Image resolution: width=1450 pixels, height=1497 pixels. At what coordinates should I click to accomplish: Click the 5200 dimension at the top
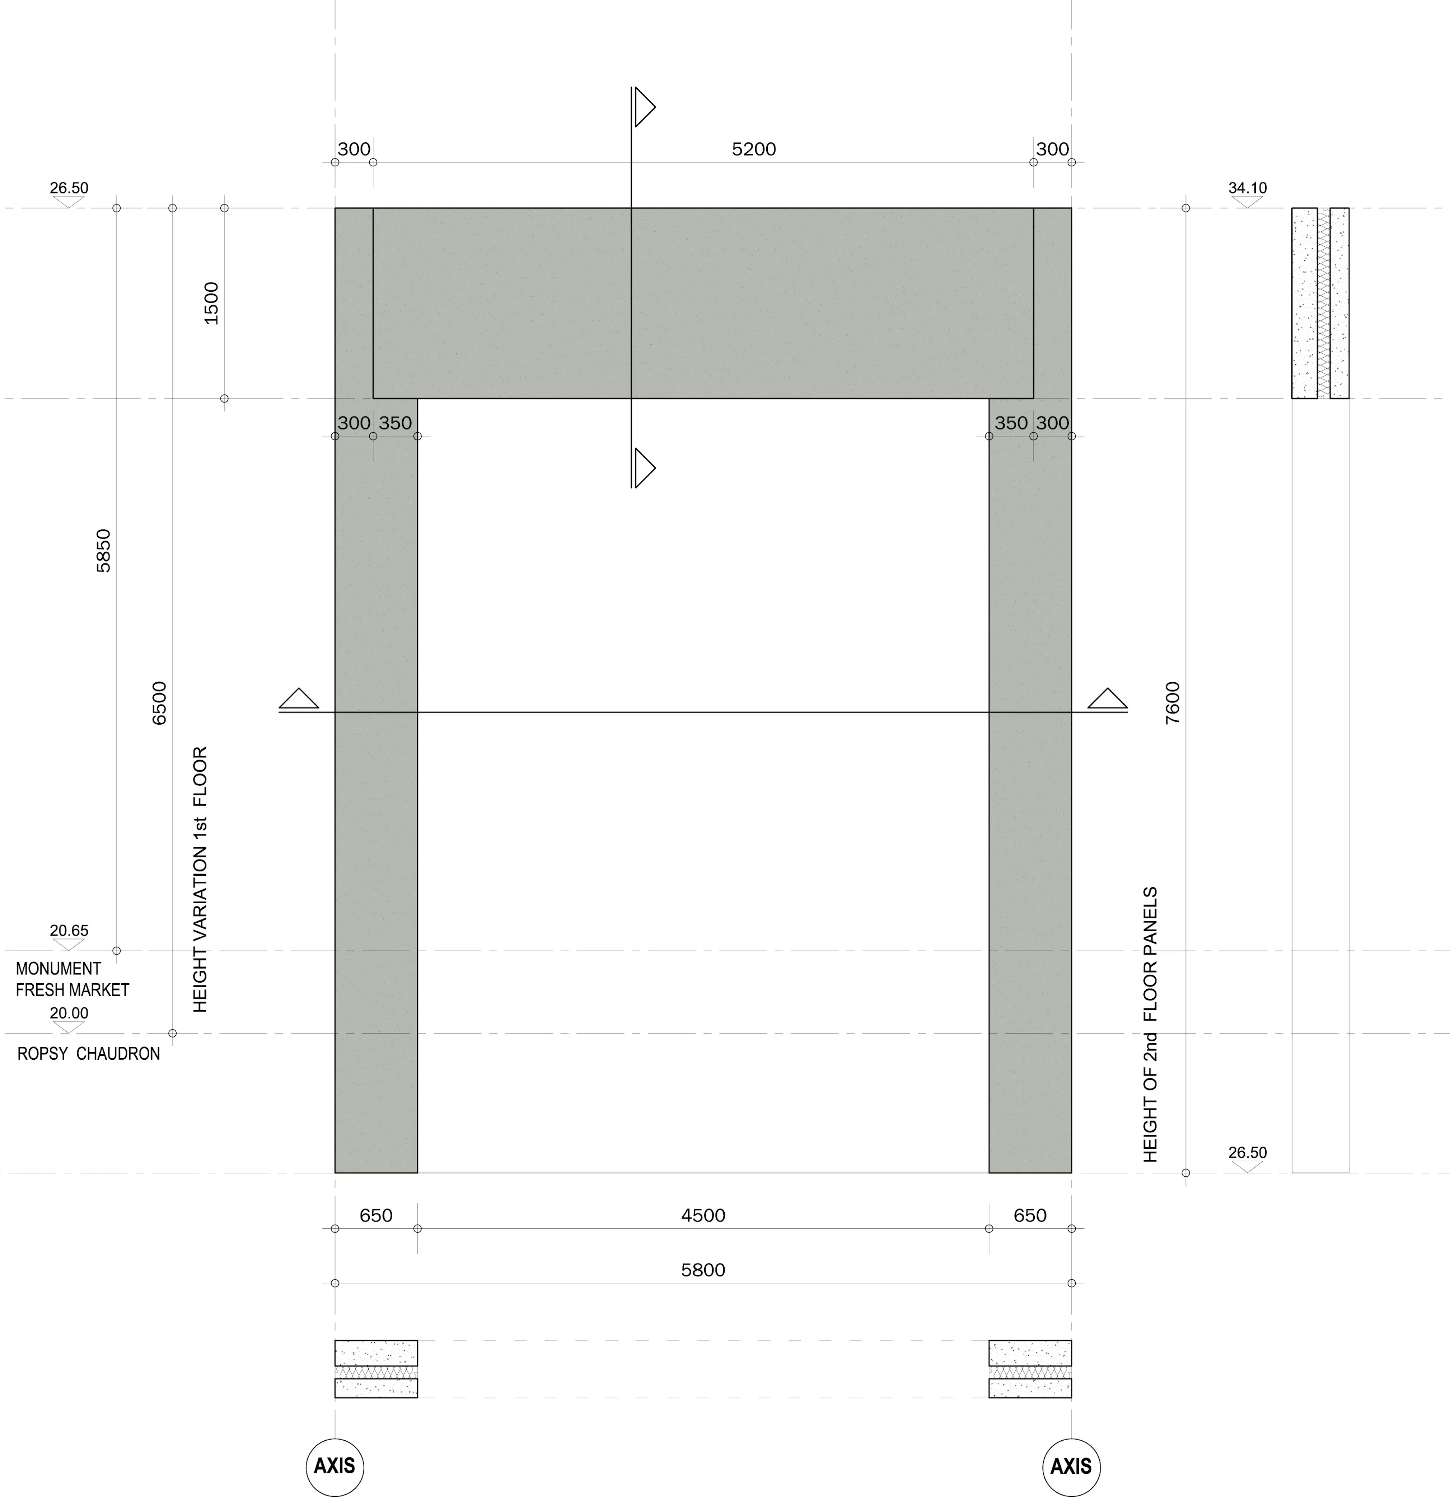753,149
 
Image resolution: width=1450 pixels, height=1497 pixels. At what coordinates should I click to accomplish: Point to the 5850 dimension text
103,551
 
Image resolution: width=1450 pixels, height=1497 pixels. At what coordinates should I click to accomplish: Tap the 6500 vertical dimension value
159,703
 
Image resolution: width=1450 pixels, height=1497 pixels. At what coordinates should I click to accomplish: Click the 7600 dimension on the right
1173,703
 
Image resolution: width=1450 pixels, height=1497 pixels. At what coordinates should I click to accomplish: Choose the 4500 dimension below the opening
703,1215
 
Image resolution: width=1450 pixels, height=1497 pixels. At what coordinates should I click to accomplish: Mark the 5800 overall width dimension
703,1270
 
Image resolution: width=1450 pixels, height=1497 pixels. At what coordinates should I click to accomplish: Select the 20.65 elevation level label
69,930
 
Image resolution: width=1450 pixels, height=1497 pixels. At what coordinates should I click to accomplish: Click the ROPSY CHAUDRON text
89,1054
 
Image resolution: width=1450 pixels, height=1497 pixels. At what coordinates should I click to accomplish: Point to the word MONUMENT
58,969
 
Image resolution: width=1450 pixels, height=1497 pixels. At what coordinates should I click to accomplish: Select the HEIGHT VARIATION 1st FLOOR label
200,880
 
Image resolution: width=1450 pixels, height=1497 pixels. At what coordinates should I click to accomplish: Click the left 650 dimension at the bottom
376,1215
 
